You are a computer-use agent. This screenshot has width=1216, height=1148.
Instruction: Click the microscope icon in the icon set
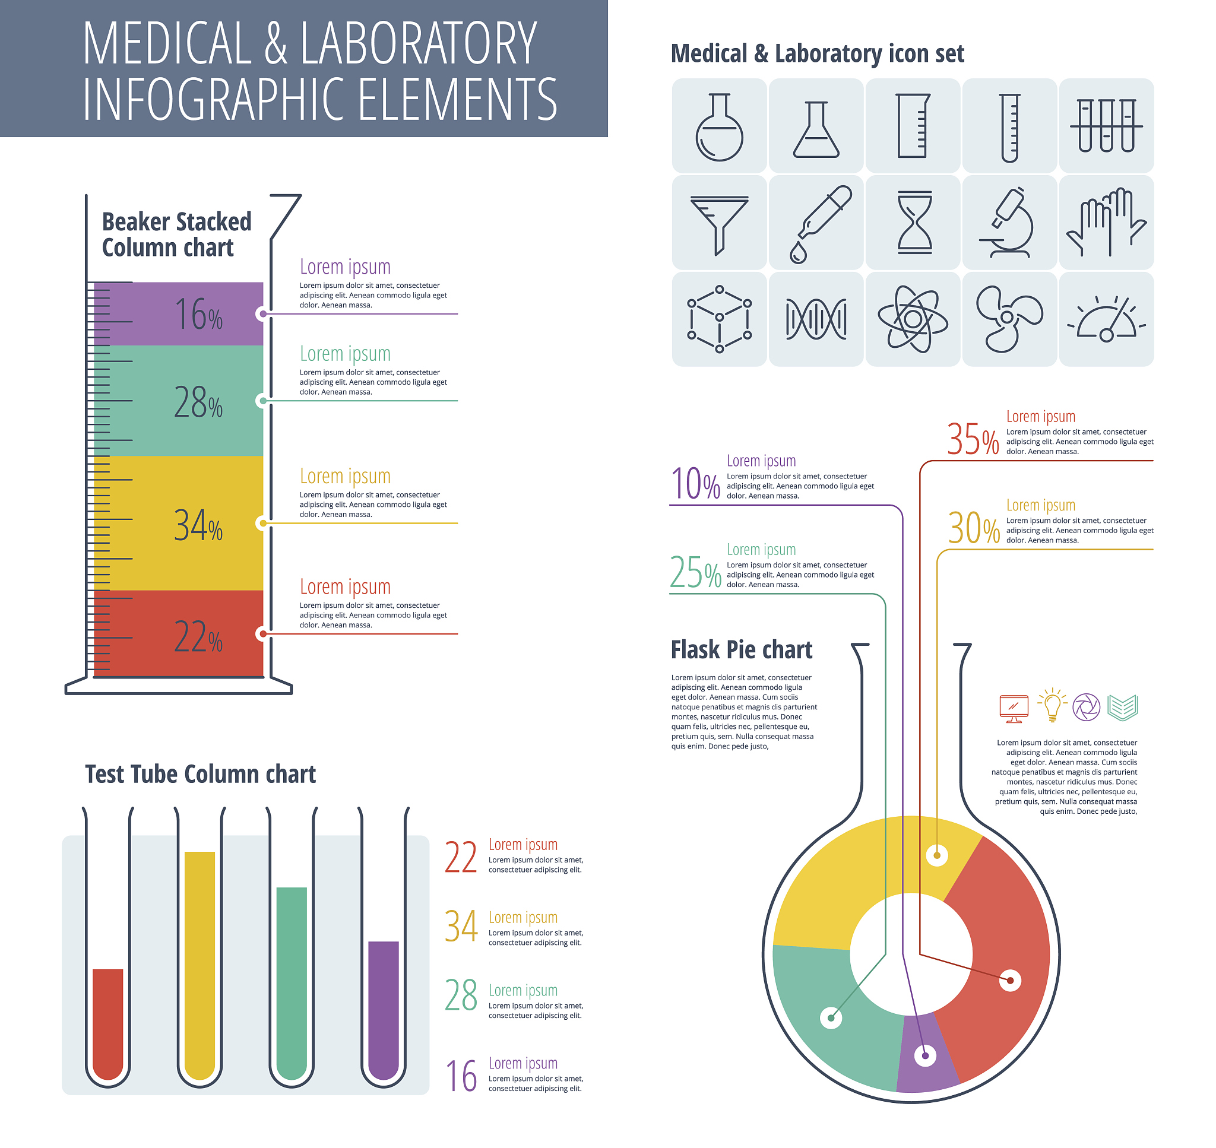(x=1009, y=223)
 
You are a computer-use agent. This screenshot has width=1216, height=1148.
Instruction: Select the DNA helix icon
(x=816, y=319)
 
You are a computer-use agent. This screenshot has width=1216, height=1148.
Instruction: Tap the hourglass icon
(x=914, y=223)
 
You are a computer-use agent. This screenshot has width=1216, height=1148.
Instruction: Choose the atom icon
(x=913, y=319)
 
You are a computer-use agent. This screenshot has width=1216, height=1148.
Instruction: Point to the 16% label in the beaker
(x=198, y=315)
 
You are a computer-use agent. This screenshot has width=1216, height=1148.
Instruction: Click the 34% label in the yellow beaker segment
(x=198, y=525)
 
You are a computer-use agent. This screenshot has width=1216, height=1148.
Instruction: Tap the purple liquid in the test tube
(x=383, y=1010)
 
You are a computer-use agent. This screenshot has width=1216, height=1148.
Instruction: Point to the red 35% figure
(x=972, y=439)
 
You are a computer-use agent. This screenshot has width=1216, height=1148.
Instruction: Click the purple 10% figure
(x=695, y=483)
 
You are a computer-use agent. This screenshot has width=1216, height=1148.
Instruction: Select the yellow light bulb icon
(x=1052, y=706)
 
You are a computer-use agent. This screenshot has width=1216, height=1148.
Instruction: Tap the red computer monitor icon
(x=1014, y=708)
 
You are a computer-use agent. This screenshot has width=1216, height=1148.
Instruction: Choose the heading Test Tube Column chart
(x=200, y=774)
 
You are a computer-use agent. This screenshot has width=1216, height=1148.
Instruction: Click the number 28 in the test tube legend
(x=461, y=995)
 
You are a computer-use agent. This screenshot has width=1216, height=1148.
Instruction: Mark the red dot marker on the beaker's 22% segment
(x=263, y=633)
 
